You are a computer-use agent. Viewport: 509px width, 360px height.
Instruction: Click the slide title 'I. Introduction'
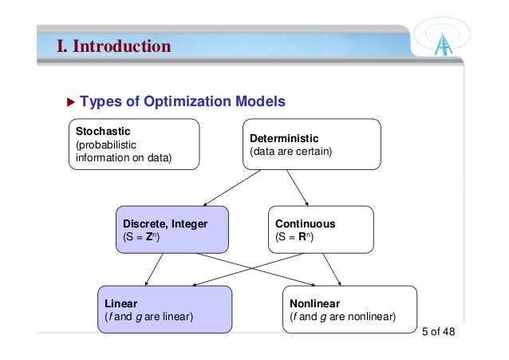click(x=113, y=45)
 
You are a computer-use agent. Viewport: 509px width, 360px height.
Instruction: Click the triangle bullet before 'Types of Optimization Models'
click(x=69, y=102)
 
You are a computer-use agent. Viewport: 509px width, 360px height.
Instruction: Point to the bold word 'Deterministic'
click(x=284, y=137)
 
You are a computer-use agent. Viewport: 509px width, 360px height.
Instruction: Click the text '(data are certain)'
click(x=290, y=151)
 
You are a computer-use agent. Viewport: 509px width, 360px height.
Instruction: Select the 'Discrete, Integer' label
click(x=165, y=224)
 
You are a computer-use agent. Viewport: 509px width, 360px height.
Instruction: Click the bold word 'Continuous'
click(x=305, y=224)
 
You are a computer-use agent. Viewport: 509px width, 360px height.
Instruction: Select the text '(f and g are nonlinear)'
click(x=344, y=317)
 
